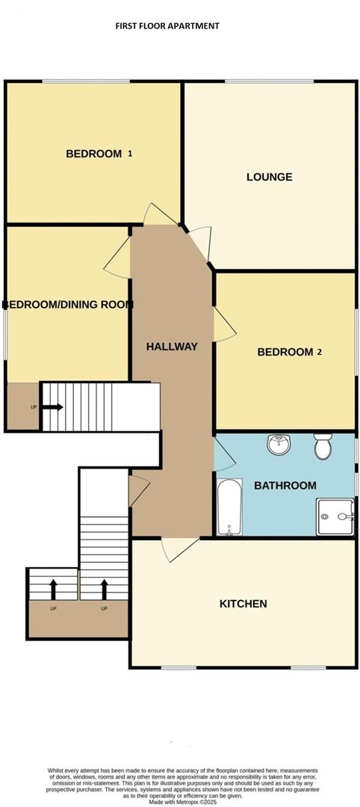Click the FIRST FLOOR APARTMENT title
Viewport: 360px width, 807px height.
(x=167, y=25)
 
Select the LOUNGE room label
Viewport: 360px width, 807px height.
(x=269, y=177)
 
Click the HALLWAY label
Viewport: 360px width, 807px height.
(x=172, y=347)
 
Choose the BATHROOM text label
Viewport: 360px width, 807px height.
(x=285, y=486)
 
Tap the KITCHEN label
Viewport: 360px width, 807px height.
(x=243, y=604)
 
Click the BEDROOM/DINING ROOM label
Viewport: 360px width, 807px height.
(x=68, y=305)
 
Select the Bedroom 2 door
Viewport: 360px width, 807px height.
(x=223, y=325)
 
